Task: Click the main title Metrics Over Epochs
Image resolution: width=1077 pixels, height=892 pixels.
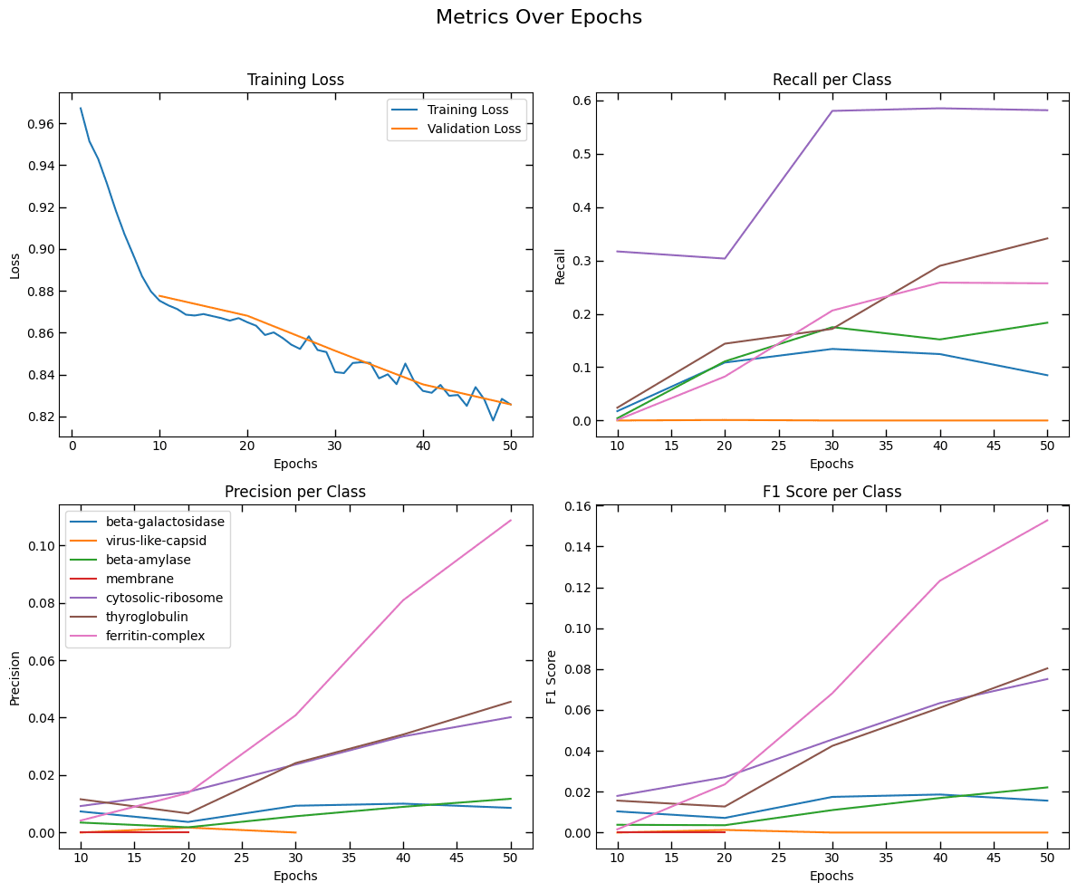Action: [x=538, y=17]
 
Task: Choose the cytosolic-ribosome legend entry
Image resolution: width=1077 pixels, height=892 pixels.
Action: [x=163, y=598]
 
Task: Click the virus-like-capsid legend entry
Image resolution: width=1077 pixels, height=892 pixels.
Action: [x=156, y=541]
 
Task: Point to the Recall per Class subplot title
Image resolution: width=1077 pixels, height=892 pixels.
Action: [x=832, y=80]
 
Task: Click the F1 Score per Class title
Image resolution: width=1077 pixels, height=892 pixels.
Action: [x=832, y=492]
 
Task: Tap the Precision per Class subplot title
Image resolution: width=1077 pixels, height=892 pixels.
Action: [x=295, y=492]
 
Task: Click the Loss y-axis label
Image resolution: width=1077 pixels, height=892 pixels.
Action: [x=14, y=264]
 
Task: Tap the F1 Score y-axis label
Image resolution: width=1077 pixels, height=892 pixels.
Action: [x=552, y=676]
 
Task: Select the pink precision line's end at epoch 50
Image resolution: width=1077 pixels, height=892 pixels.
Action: [x=511, y=520]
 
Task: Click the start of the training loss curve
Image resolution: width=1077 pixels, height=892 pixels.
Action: [x=80, y=109]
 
